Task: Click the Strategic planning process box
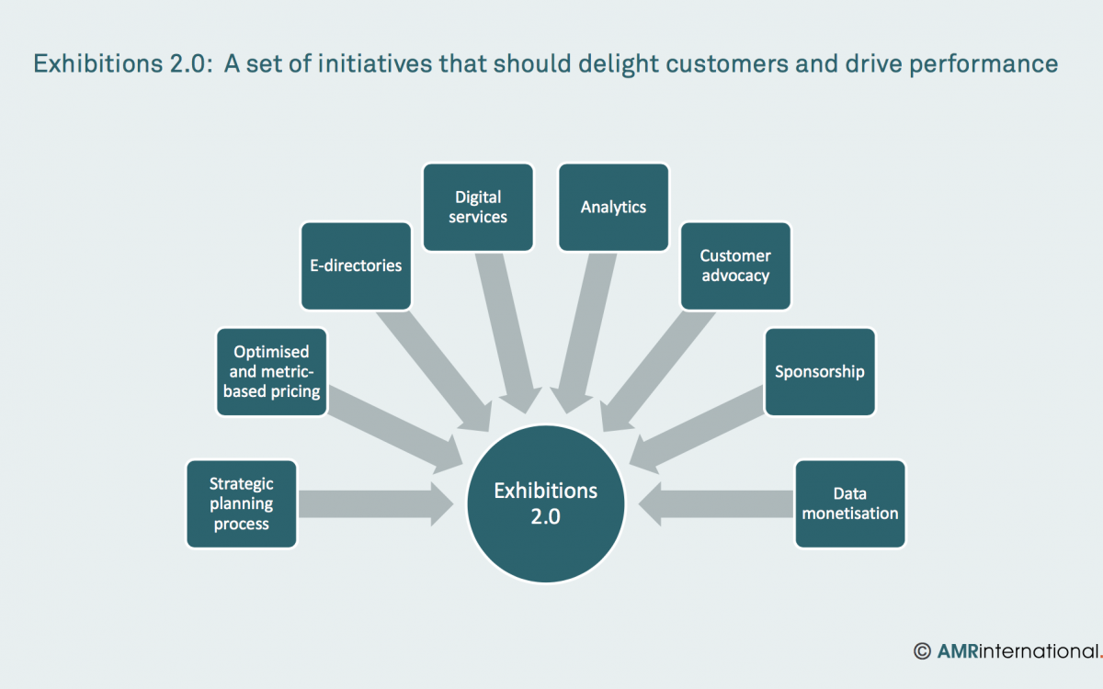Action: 241,503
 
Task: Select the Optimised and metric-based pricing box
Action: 271,371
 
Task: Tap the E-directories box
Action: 356,265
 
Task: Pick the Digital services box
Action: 478,207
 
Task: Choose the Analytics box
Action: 613,207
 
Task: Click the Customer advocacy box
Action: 735,265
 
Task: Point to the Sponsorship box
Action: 820,371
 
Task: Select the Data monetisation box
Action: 850,503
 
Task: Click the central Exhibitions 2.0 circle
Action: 546,503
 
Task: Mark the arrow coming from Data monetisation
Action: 717,503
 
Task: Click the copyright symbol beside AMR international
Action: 922,651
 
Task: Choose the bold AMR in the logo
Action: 958,651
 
